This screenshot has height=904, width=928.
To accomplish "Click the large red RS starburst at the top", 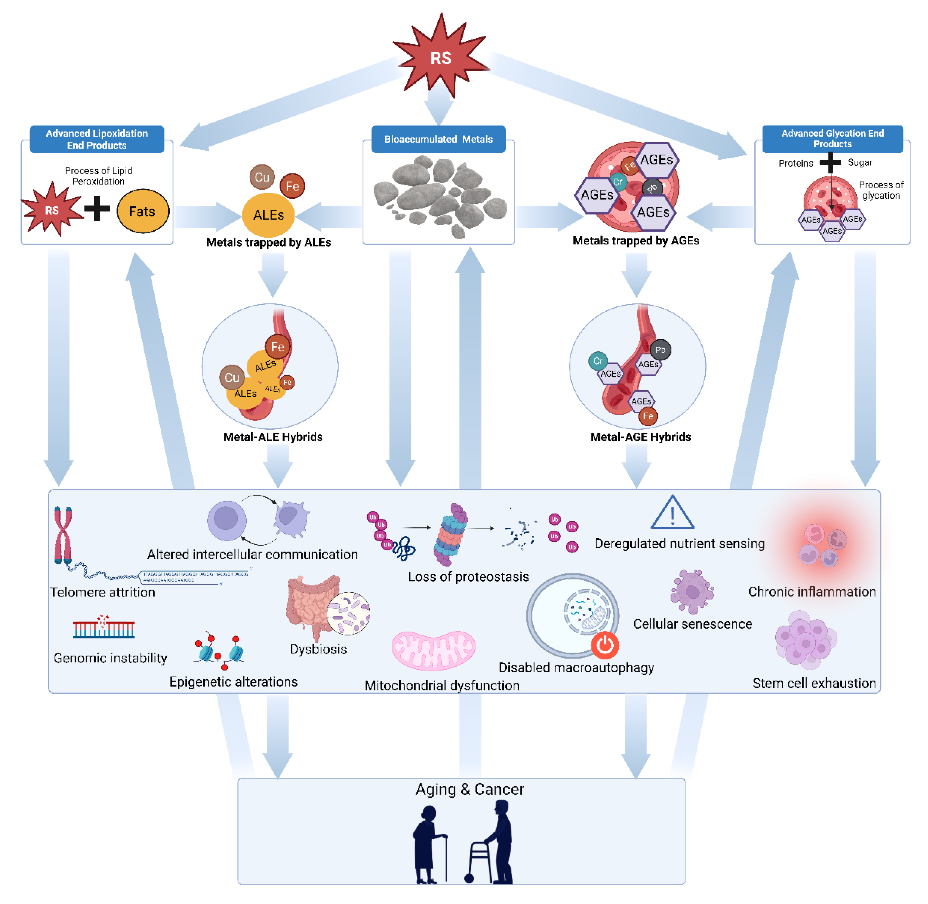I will (x=440, y=57).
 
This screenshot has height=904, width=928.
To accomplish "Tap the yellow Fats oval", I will (x=143, y=211).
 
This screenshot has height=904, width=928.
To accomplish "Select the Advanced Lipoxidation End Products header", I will (x=97, y=139).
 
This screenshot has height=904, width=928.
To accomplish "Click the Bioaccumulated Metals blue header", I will (x=438, y=139).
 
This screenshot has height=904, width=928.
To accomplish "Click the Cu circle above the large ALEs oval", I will (x=262, y=177).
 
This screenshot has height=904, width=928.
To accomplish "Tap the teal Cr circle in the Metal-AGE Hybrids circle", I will (x=598, y=361).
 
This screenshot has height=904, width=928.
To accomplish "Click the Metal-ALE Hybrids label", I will (x=273, y=437).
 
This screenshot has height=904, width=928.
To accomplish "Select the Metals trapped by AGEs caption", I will (x=636, y=241).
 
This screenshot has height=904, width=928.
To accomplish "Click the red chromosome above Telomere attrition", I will (x=63, y=534).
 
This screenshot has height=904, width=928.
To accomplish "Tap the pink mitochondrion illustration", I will (x=433, y=650).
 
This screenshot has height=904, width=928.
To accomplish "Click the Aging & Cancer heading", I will (x=469, y=789).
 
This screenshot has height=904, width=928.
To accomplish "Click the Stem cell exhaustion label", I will (x=814, y=683).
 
